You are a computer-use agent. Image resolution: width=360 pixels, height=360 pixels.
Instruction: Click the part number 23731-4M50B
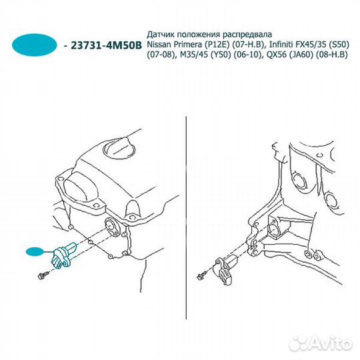pyautogui.click(x=107, y=45)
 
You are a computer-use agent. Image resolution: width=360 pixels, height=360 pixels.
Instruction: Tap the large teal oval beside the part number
pyautogui.click(x=35, y=45)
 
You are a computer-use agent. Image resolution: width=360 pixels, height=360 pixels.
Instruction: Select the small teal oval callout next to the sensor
pyautogui.click(x=35, y=251)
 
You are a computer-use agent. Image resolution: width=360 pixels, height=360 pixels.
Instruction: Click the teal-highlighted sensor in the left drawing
pyautogui.click(x=63, y=255)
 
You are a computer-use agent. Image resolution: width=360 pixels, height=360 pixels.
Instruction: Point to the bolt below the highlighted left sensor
pyautogui.click(x=43, y=275)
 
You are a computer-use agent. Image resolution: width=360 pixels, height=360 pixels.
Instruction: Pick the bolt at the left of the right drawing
pyautogui.click(x=202, y=276)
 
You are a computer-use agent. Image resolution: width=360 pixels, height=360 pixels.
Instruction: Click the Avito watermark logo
pyautogui.click(x=321, y=344)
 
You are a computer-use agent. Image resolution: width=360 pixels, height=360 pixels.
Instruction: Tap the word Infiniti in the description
pyautogui.click(x=281, y=45)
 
